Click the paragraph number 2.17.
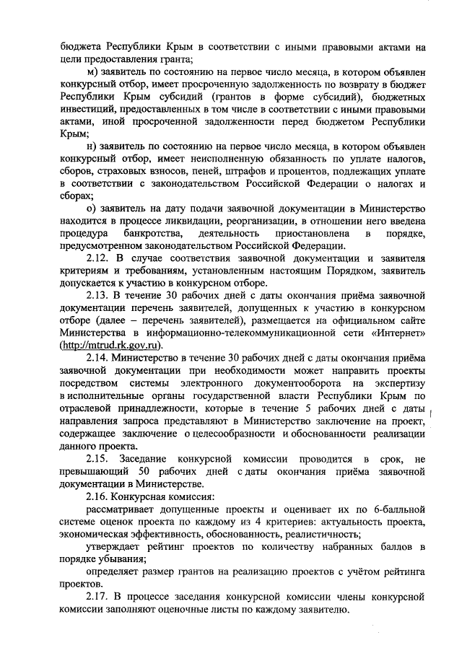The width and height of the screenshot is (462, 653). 97,597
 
